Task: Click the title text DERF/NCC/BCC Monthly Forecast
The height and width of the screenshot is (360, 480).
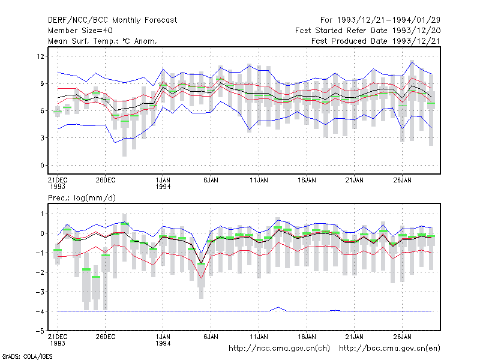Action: pos(112,20)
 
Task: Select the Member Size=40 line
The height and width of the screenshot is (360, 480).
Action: pos(80,31)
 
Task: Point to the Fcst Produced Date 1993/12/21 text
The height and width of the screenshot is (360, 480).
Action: pos(376,41)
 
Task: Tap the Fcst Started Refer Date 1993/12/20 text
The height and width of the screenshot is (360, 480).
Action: pos(368,31)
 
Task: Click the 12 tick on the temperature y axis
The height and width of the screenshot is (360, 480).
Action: pos(40,56)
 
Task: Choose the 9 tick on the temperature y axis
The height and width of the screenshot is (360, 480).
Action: pos(42,83)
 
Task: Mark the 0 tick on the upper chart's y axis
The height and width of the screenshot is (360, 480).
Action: pos(42,166)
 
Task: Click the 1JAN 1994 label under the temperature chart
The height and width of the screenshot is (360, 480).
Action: pos(163,184)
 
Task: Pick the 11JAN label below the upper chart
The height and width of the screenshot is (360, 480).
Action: pos(259,181)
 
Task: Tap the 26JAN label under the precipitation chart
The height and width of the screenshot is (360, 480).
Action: pos(402,337)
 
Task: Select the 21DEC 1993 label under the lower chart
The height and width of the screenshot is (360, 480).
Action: pos(58,340)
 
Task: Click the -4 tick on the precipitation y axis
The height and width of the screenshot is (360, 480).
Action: pos(40,311)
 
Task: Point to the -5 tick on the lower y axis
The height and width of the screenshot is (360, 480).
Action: pos(40,331)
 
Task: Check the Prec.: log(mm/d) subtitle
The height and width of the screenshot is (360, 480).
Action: pos(82,198)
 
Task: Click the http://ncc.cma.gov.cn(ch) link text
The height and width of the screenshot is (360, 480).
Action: pos(279,349)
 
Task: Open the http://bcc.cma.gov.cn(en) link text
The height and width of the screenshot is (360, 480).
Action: pos(389,349)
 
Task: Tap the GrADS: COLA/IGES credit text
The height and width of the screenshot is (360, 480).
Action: pos(27,356)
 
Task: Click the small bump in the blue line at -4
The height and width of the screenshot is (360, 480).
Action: pos(278,307)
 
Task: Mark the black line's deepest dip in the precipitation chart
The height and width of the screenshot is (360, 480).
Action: pos(201,263)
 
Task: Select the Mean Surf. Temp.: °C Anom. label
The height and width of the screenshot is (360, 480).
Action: pos(103,41)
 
